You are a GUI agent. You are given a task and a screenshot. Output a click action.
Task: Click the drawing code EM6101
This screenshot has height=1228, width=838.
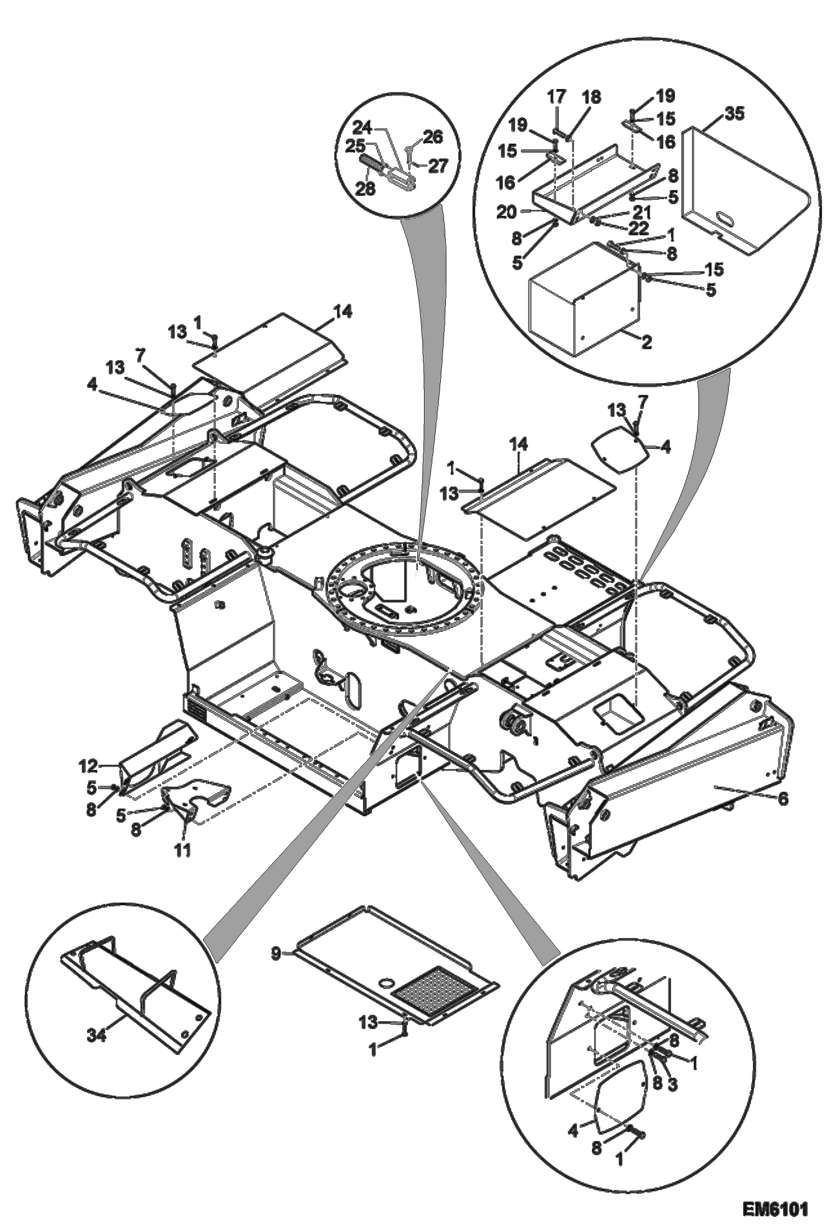click(775, 1206)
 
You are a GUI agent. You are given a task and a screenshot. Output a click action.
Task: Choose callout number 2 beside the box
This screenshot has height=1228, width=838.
click(646, 342)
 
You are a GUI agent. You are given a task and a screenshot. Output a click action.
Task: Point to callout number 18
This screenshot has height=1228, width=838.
click(591, 97)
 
